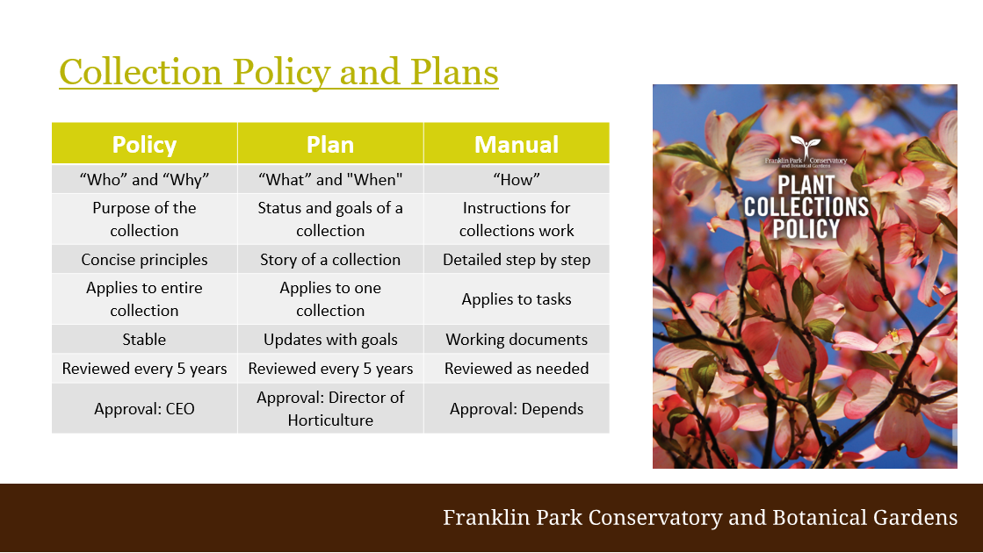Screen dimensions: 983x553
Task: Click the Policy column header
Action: (x=144, y=144)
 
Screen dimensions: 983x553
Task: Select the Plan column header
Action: (x=330, y=144)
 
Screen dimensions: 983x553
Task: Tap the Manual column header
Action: (x=517, y=144)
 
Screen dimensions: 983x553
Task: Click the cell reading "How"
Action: (x=517, y=180)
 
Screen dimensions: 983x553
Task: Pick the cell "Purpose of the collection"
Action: (x=144, y=219)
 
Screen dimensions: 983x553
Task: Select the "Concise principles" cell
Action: (x=144, y=259)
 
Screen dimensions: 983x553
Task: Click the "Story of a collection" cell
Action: (x=330, y=259)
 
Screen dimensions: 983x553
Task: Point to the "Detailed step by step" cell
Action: (x=517, y=259)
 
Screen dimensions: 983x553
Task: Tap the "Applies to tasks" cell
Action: (x=517, y=299)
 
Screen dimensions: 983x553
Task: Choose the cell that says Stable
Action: (x=144, y=340)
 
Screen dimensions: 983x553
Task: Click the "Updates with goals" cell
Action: (x=330, y=340)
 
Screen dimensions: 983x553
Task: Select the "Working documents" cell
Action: (x=517, y=340)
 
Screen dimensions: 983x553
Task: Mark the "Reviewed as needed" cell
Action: (x=517, y=369)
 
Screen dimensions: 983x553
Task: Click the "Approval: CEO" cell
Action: (x=144, y=408)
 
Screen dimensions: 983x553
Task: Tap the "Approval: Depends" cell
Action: (x=517, y=408)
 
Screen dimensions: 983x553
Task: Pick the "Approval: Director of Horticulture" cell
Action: (x=330, y=408)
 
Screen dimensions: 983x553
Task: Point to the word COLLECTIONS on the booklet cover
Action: (x=806, y=207)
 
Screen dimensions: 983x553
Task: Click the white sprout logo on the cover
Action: (x=806, y=146)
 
